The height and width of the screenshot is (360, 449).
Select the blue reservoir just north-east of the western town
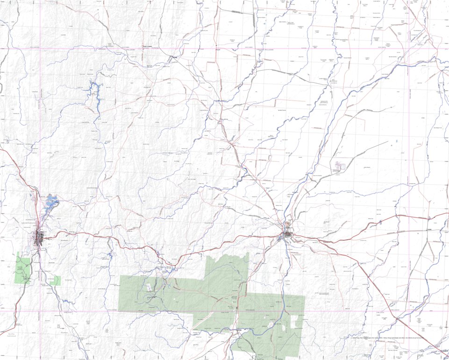[51, 203]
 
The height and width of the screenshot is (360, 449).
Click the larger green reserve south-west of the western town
[23, 268]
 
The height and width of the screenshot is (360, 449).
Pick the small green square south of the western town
[55, 281]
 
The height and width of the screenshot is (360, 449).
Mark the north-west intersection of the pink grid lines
[41, 48]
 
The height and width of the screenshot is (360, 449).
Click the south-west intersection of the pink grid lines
[41, 311]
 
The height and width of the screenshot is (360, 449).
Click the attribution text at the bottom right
[388, 338]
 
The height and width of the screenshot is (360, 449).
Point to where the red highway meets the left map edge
[1, 149]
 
